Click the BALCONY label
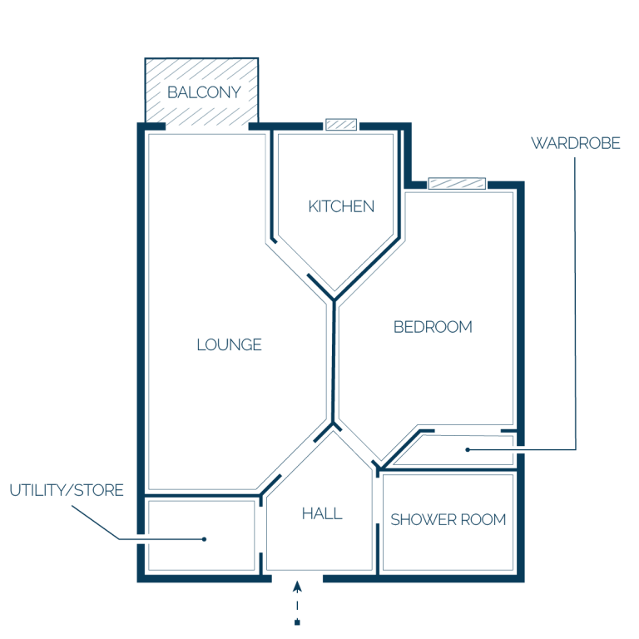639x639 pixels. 204,92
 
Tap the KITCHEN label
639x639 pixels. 341,206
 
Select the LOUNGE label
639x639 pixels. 229,344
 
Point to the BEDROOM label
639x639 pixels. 433,327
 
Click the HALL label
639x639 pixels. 322,513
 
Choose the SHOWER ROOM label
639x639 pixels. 448,519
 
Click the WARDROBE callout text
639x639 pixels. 576,143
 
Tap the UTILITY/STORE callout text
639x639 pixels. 67,490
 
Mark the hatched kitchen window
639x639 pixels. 341,124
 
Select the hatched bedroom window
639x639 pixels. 457,183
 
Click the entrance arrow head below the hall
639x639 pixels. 298,586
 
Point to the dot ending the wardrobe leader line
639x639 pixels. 468,450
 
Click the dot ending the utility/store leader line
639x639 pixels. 204,539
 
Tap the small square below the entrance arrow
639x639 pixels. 298,622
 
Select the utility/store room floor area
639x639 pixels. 201,536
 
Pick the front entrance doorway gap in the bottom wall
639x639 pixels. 297,578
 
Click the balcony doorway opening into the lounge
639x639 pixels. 207,126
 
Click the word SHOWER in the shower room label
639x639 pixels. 424,519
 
